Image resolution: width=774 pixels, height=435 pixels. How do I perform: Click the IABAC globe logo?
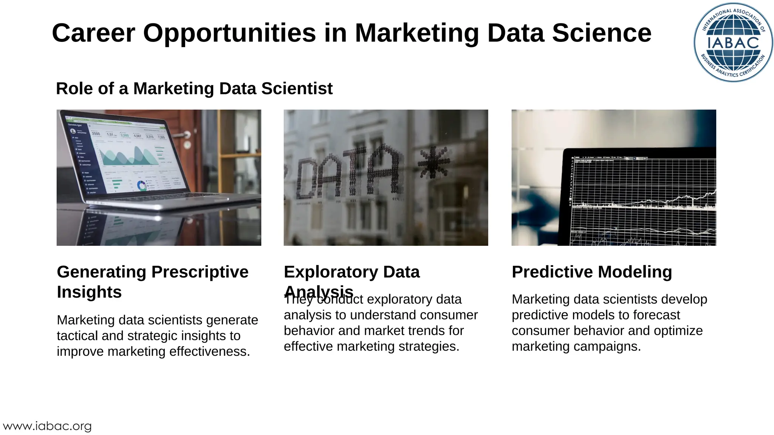733,42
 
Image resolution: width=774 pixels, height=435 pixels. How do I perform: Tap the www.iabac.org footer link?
47,426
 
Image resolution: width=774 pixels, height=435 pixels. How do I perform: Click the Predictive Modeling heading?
591,272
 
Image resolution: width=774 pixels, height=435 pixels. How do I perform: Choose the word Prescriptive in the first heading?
200,272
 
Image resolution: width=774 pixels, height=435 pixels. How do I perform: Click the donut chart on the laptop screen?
142,185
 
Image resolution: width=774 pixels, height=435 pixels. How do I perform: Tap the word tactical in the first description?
79,336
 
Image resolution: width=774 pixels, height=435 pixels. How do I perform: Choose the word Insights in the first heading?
89,292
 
